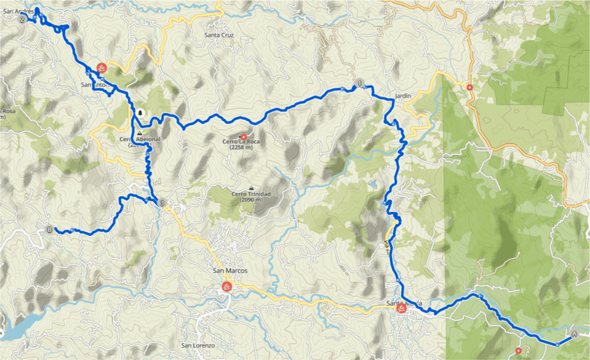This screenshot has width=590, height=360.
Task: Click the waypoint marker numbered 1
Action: (x=359, y=83)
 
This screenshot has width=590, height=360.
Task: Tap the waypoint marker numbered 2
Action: (x=22, y=20)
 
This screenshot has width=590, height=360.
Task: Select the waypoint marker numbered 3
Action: (x=161, y=204)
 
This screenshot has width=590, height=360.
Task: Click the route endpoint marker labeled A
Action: (x=574, y=334)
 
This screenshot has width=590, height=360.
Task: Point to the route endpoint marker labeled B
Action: (x=50, y=230)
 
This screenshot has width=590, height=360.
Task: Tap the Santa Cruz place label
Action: (x=219, y=35)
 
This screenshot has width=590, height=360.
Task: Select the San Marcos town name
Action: (x=230, y=271)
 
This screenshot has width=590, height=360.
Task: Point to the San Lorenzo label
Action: (x=198, y=345)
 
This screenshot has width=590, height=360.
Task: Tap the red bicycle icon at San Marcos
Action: (x=226, y=287)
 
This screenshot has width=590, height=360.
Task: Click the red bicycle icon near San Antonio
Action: (x=101, y=68)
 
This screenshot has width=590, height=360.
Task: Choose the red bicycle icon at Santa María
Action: (x=402, y=308)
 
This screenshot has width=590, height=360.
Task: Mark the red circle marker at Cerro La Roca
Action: (x=243, y=137)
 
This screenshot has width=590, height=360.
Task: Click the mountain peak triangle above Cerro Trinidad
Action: (x=251, y=187)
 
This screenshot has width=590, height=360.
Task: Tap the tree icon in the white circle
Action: (x=140, y=113)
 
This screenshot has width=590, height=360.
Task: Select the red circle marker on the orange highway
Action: (x=470, y=87)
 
